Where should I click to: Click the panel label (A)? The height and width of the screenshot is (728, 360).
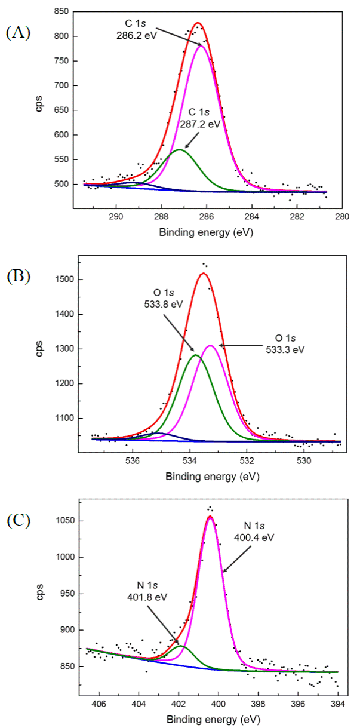(x=18, y=33)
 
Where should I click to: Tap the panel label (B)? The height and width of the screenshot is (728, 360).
(x=18, y=277)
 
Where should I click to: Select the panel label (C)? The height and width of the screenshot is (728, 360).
(x=18, y=520)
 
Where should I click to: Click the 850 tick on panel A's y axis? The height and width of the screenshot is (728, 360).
(x=62, y=11)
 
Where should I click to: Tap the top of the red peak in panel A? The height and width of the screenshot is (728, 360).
(x=198, y=23)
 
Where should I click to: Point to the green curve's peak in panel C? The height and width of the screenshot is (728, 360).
(x=181, y=646)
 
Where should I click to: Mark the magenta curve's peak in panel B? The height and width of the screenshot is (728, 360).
(x=210, y=346)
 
